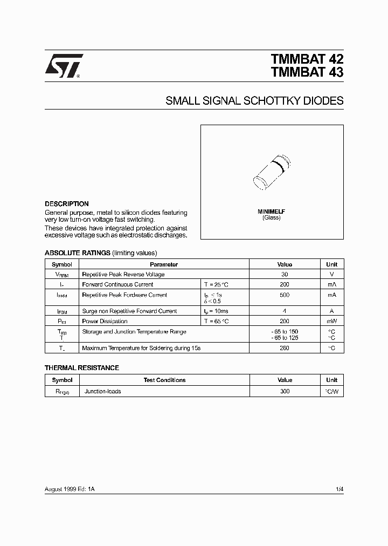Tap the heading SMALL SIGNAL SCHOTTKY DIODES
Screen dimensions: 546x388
pyautogui.click(x=254, y=101)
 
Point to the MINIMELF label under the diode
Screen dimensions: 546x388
pyautogui.click(x=272, y=211)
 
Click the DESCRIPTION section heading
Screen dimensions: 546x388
pyautogui.click(x=66, y=204)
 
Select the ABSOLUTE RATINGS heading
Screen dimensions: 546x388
pyautogui.click(x=77, y=252)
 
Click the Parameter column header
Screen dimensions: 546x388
pyautogui.click(x=164, y=264)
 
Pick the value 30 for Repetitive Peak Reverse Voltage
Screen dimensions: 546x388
pyautogui.click(x=284, y=274)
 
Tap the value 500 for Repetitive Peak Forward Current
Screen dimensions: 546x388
pyautogui.click(x=284, y=295)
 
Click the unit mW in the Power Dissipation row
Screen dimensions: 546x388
pyautogui.click(x=331, y=321)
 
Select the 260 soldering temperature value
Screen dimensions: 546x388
pyautogui.click(x=284, y=348)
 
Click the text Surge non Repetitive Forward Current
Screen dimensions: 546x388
pyautogui.click(x=129, y=311)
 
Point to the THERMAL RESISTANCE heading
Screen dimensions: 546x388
pyautogui.click(x=81, y=367)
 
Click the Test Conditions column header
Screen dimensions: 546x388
pyautogui.click(x=164, y=380)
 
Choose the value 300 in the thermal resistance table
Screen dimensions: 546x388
pyautogui.click(x=284, y=391)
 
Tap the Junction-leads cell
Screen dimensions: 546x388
pyautogui.click(x=103, y=391)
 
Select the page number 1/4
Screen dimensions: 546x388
pyautogui.click(x=339, y=489)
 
